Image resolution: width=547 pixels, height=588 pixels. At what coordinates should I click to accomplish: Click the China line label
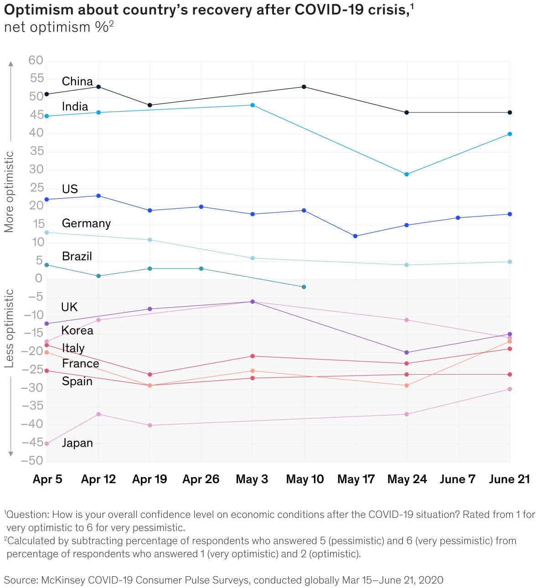click(x=77, y=82)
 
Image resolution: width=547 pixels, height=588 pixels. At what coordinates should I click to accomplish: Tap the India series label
click(x=75, y=107)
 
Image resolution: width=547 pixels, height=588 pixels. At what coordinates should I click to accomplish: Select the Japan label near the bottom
click(x=77, y=443)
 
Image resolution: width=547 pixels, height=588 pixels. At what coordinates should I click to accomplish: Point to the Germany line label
click(x=86, y=223)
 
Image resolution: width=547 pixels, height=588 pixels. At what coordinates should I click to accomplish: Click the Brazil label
click(x=77, y=256)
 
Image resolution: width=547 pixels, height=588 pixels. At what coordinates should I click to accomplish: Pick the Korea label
click(x=77, y=330)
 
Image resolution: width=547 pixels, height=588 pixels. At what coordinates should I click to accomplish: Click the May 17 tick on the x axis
click(x=356, y=480)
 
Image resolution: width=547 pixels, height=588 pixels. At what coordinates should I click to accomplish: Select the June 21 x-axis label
click(x=509, y=480)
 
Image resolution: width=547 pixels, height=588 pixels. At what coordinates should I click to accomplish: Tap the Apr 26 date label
click(x=201, y=480)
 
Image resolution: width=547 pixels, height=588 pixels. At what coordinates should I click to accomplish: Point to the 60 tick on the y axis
click(x=36, y=60)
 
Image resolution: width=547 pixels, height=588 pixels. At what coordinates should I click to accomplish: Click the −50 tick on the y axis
click(x=32, y=460)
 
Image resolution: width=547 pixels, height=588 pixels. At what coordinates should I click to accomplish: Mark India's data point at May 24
click(x=407, y=174)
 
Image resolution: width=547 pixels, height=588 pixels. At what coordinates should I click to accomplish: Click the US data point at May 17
click(x=355, y=236)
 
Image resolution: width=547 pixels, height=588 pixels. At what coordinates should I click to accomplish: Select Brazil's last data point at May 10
click(x=304, y=287)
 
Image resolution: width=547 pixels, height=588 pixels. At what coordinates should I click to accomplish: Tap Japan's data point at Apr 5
click(x=46, y=444)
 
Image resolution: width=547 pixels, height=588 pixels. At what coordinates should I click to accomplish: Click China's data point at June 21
click(x=510, y=113)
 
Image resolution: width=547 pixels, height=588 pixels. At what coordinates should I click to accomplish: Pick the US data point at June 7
click(x=458, y=218)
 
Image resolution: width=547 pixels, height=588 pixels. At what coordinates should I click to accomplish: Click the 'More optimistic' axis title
click(x=9, y=192)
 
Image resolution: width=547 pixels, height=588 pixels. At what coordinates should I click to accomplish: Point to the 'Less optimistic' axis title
click(x=9, y=329)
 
